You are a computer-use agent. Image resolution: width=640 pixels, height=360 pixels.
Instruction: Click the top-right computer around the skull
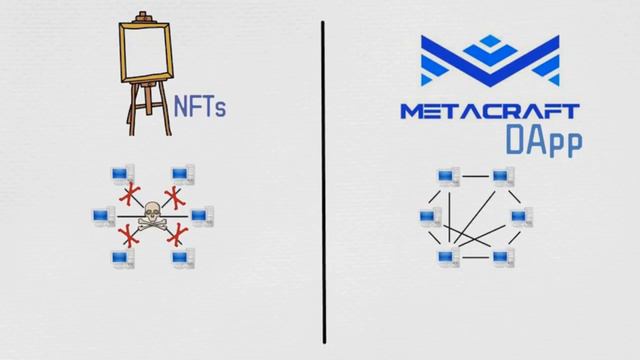tap(181, 175)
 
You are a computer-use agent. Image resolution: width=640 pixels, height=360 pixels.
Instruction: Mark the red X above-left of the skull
tap(127, 194)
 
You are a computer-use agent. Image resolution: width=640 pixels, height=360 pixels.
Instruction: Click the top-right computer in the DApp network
tap(500, 178)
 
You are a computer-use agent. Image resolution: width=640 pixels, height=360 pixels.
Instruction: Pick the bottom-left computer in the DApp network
tap(446, 258)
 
